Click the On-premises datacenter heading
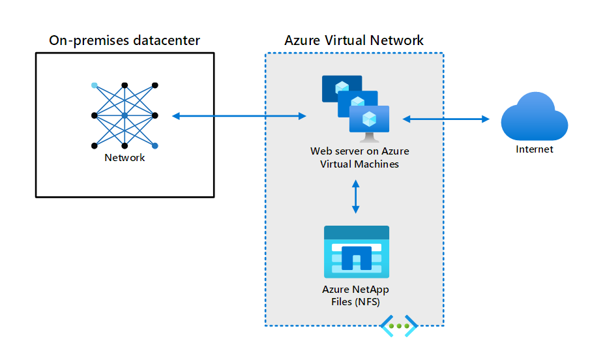click(x=125, y=40)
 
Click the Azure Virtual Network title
click(x=354, y=40)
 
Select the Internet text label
click(x=534, y=149)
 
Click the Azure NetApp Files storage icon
click(x=357, y=252)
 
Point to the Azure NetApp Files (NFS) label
click(x=356, y=295)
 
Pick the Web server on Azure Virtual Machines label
click(x=359, y=158)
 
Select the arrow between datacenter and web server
click(x=239, y=116)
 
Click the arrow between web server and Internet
click(x=446, y=119)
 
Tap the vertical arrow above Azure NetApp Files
click(x=355, y=196)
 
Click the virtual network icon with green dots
click(x=399, y=325)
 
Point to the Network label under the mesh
click(x=125, y=158)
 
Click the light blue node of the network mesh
click(x=95, y=85)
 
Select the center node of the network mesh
click(x=125, y=116)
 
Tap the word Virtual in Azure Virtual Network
click(x=347, y=40)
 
